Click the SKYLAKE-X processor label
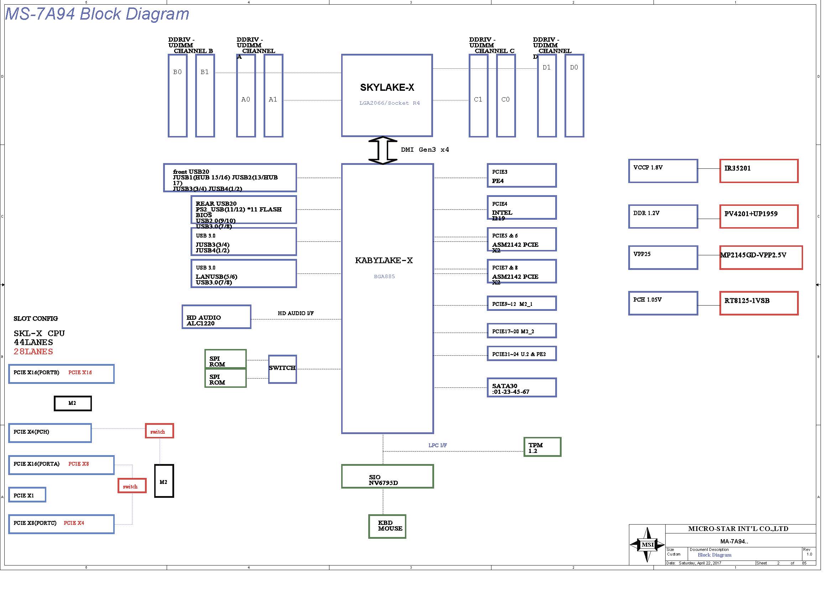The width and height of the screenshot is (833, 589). click(387, 87)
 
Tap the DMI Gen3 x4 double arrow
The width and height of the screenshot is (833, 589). click(382, 150)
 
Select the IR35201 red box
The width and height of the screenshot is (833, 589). click(759, 171)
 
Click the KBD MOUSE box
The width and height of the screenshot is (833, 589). click(387, 526)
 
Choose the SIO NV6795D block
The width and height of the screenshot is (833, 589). click(387, 476)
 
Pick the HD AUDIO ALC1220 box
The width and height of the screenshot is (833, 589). click(216, 317)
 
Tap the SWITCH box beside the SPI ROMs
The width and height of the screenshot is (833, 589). click(282, 369)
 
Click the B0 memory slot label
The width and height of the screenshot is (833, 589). click(177, 72)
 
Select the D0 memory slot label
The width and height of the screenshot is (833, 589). click(574, 67)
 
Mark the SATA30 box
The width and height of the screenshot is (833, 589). click(521, 388)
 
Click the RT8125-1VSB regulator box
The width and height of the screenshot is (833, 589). click(759, 303)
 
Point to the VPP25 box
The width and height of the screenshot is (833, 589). click(663, 257)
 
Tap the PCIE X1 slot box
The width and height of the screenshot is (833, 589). click(27, 495)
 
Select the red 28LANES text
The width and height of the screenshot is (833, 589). click(33, 351)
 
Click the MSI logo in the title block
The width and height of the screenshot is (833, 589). click(647, 544)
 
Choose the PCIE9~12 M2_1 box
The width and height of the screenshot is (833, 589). click(521, 303)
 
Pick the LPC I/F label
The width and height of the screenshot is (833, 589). click(438, 445)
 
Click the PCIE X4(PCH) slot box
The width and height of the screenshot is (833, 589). click(50, 433)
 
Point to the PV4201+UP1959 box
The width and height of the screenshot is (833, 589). click(759, 217)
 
